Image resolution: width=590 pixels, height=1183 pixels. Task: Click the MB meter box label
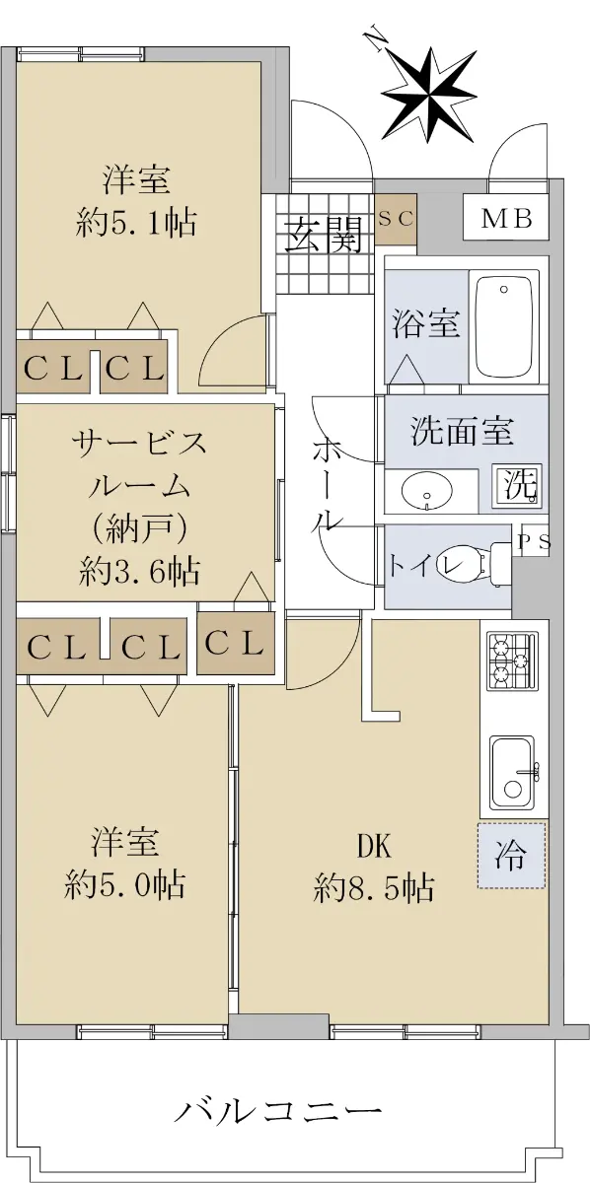(506, 219)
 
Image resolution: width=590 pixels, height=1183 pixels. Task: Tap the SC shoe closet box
(396, 219)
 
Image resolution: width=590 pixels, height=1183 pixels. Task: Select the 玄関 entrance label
(324, 234)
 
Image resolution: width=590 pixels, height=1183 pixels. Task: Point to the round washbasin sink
(426, 490)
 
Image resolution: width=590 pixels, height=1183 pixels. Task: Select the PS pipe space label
(534, 542)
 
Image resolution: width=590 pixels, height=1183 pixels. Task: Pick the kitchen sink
(513, 774)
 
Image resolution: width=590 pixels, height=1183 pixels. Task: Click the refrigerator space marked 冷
(511, 855)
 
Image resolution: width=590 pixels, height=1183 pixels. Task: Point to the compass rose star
(430, 95)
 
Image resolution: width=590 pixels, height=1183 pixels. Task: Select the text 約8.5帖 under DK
(374, 888)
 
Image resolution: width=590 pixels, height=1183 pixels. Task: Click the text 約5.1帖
(136, 223)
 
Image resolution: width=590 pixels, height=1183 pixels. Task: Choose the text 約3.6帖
(139, 571)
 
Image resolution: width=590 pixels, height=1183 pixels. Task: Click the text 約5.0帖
(124, 884)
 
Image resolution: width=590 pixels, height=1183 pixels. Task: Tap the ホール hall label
(328, 485)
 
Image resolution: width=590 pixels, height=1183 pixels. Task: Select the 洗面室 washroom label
(462, 432)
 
